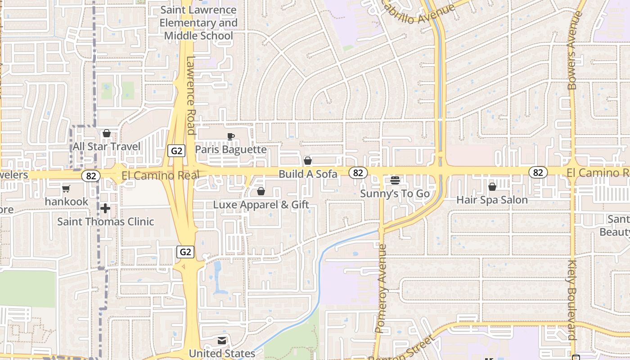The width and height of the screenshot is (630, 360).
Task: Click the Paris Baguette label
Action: tap(231, 149)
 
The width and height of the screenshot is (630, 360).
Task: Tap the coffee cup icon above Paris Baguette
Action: tap(231, 136)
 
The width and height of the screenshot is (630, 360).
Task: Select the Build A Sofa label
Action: tap(308, 174)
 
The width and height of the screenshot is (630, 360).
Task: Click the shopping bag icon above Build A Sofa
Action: tap(308, 161)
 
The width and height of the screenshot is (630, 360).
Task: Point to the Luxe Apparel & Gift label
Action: tap(261, 205)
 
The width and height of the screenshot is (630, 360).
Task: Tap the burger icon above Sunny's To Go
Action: tap(395, 180)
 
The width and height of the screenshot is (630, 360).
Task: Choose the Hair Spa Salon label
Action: tap(492, 200)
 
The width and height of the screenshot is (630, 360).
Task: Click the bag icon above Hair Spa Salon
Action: tap(492, 186)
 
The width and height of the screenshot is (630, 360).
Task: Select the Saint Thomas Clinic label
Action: tap(105, 221)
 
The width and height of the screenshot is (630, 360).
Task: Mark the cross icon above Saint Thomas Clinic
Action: tap(105, 208)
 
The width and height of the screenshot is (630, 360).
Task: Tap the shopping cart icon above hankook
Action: tap(66, 189)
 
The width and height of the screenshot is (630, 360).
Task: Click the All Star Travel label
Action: tap(107, 147)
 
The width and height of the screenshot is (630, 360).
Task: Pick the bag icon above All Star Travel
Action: tap(107, 133)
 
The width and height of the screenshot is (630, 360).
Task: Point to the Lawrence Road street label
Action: tap(191, 95)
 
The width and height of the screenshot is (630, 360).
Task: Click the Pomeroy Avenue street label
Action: tap(381, 288)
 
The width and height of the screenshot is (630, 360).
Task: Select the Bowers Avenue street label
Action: tap(572, 50)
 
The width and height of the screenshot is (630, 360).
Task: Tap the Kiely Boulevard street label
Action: tap(572, 300)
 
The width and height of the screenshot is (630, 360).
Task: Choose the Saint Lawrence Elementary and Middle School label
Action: tap(198, 22)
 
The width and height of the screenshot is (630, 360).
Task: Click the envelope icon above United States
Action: tap(222, 341)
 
